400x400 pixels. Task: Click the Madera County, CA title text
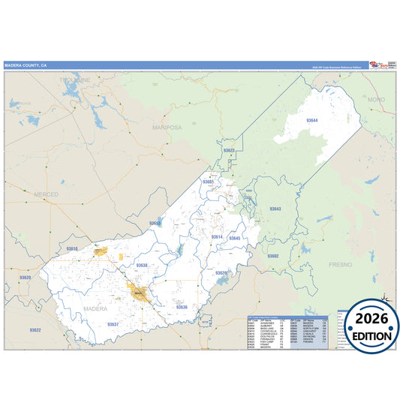coord(26,65)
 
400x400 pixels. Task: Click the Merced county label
coord(46,194)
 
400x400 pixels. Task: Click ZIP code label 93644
coord(312,120)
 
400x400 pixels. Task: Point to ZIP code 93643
coord(275,209)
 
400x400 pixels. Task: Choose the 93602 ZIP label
coord(272,256)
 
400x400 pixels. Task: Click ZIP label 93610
coord(72,248)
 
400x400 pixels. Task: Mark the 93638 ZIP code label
coord(143,265)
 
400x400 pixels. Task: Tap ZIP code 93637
coord(113,324)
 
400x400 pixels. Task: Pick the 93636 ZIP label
coord(182,307)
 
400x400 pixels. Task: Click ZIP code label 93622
coord(35,330)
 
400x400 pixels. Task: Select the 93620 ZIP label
coord(26,278)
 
